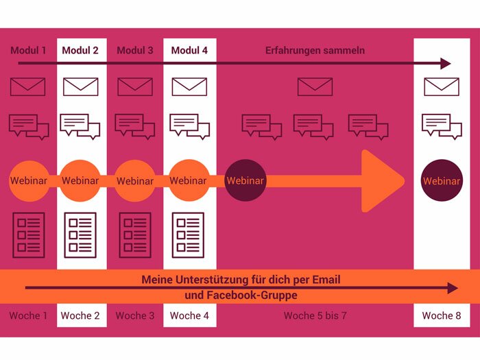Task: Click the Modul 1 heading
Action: point(29,50)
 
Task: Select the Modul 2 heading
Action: point(80,50)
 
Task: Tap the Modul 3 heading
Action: point(135,50)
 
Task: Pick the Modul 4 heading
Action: point(189,50)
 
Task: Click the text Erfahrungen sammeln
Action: point(315,50)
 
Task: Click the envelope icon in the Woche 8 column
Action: point(441,87)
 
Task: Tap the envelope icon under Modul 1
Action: point(28,87)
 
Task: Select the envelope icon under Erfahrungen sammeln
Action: point(315,87)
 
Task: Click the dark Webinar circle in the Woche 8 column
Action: point(441,181)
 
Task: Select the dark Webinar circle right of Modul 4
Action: point(245,181)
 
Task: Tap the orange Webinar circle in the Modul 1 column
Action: point(29,181)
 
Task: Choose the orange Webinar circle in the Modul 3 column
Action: point(135,181)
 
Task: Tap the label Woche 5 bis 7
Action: point(315,315)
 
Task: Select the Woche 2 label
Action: point(80,315)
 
